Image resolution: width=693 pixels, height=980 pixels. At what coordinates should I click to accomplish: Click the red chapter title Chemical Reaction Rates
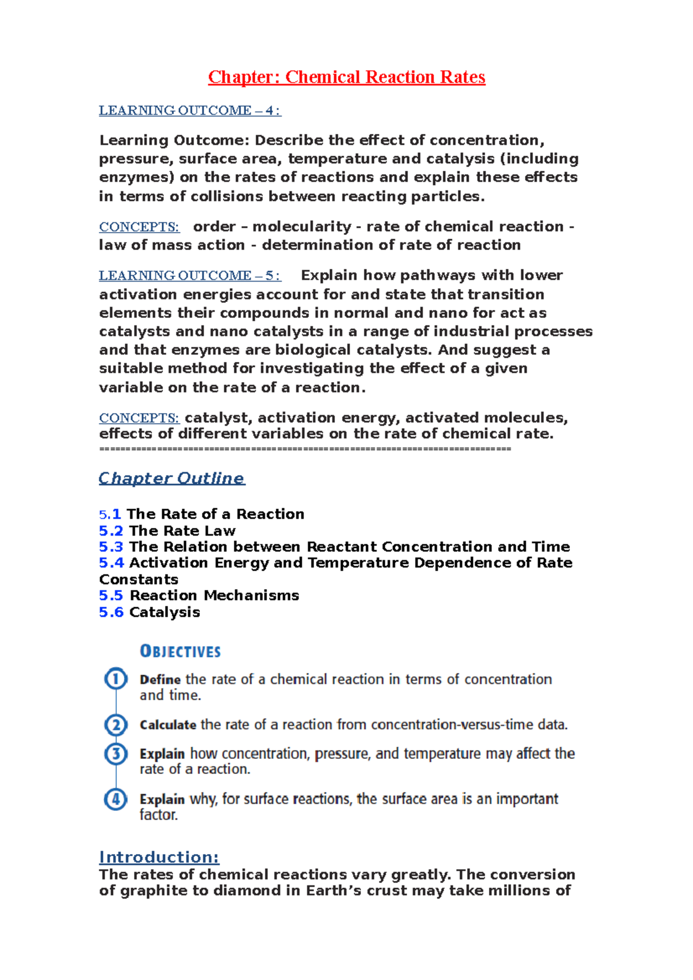click(x=346, y=77)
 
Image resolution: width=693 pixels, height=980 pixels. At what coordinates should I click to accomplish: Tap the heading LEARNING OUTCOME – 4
click(x=189, y=110)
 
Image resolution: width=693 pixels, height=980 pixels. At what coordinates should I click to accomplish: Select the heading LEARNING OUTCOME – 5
click(x=189, y=275)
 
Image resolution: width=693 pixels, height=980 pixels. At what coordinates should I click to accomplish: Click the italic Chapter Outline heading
click(x=172, y=478)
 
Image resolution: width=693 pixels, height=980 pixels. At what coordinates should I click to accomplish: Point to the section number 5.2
click(x=111, y=530)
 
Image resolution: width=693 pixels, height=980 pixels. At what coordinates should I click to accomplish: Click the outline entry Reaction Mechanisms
click(x=214, y=595)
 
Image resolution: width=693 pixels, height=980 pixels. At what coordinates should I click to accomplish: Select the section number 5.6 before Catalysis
click(x=111, y=612)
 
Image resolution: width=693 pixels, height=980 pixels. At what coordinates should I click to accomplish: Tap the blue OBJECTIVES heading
click(x=180, y=652)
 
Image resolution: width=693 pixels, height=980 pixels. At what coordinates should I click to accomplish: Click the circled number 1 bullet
click(x=115, y=679)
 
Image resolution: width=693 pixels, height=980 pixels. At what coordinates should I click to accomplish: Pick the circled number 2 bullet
click(x=115, y=724)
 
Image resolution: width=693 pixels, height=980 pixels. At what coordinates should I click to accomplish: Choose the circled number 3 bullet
click(x=115, y=753)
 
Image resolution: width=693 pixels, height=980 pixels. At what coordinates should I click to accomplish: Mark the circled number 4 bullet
click(x=115, y=799)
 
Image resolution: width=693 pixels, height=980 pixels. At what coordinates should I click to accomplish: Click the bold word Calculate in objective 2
click(x=167, y=725)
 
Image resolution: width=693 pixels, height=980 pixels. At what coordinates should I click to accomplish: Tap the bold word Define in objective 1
click(x=160, y=679)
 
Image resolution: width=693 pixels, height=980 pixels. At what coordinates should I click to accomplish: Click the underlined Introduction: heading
click(x=159, y=857)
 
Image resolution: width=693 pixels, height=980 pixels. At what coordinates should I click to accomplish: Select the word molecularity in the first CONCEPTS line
click(x=301, y=226)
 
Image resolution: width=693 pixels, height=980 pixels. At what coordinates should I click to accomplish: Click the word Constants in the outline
click(x=139, y=579)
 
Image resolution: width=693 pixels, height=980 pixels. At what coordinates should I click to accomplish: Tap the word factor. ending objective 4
click(x=158, y=815)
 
